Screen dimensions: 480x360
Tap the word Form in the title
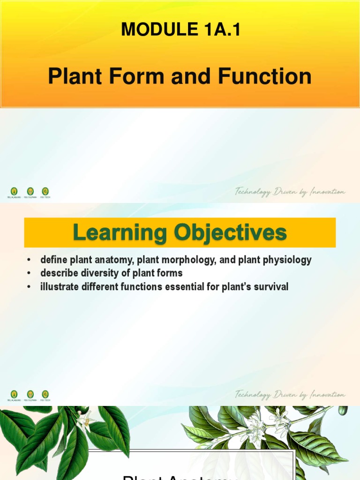click(142, 76)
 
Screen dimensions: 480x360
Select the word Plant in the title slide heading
click(77, 76)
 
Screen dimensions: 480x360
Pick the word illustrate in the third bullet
click(56, 286)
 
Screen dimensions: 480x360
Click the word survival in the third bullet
click(271, 286)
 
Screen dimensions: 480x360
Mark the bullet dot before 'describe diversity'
click(29, 273)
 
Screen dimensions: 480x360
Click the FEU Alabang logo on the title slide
click(14, 191)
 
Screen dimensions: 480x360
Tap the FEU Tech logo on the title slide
click(45, 191)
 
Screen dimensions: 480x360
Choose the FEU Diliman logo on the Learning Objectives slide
click(30, 395)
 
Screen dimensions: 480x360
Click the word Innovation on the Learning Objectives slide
click(326, 395)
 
